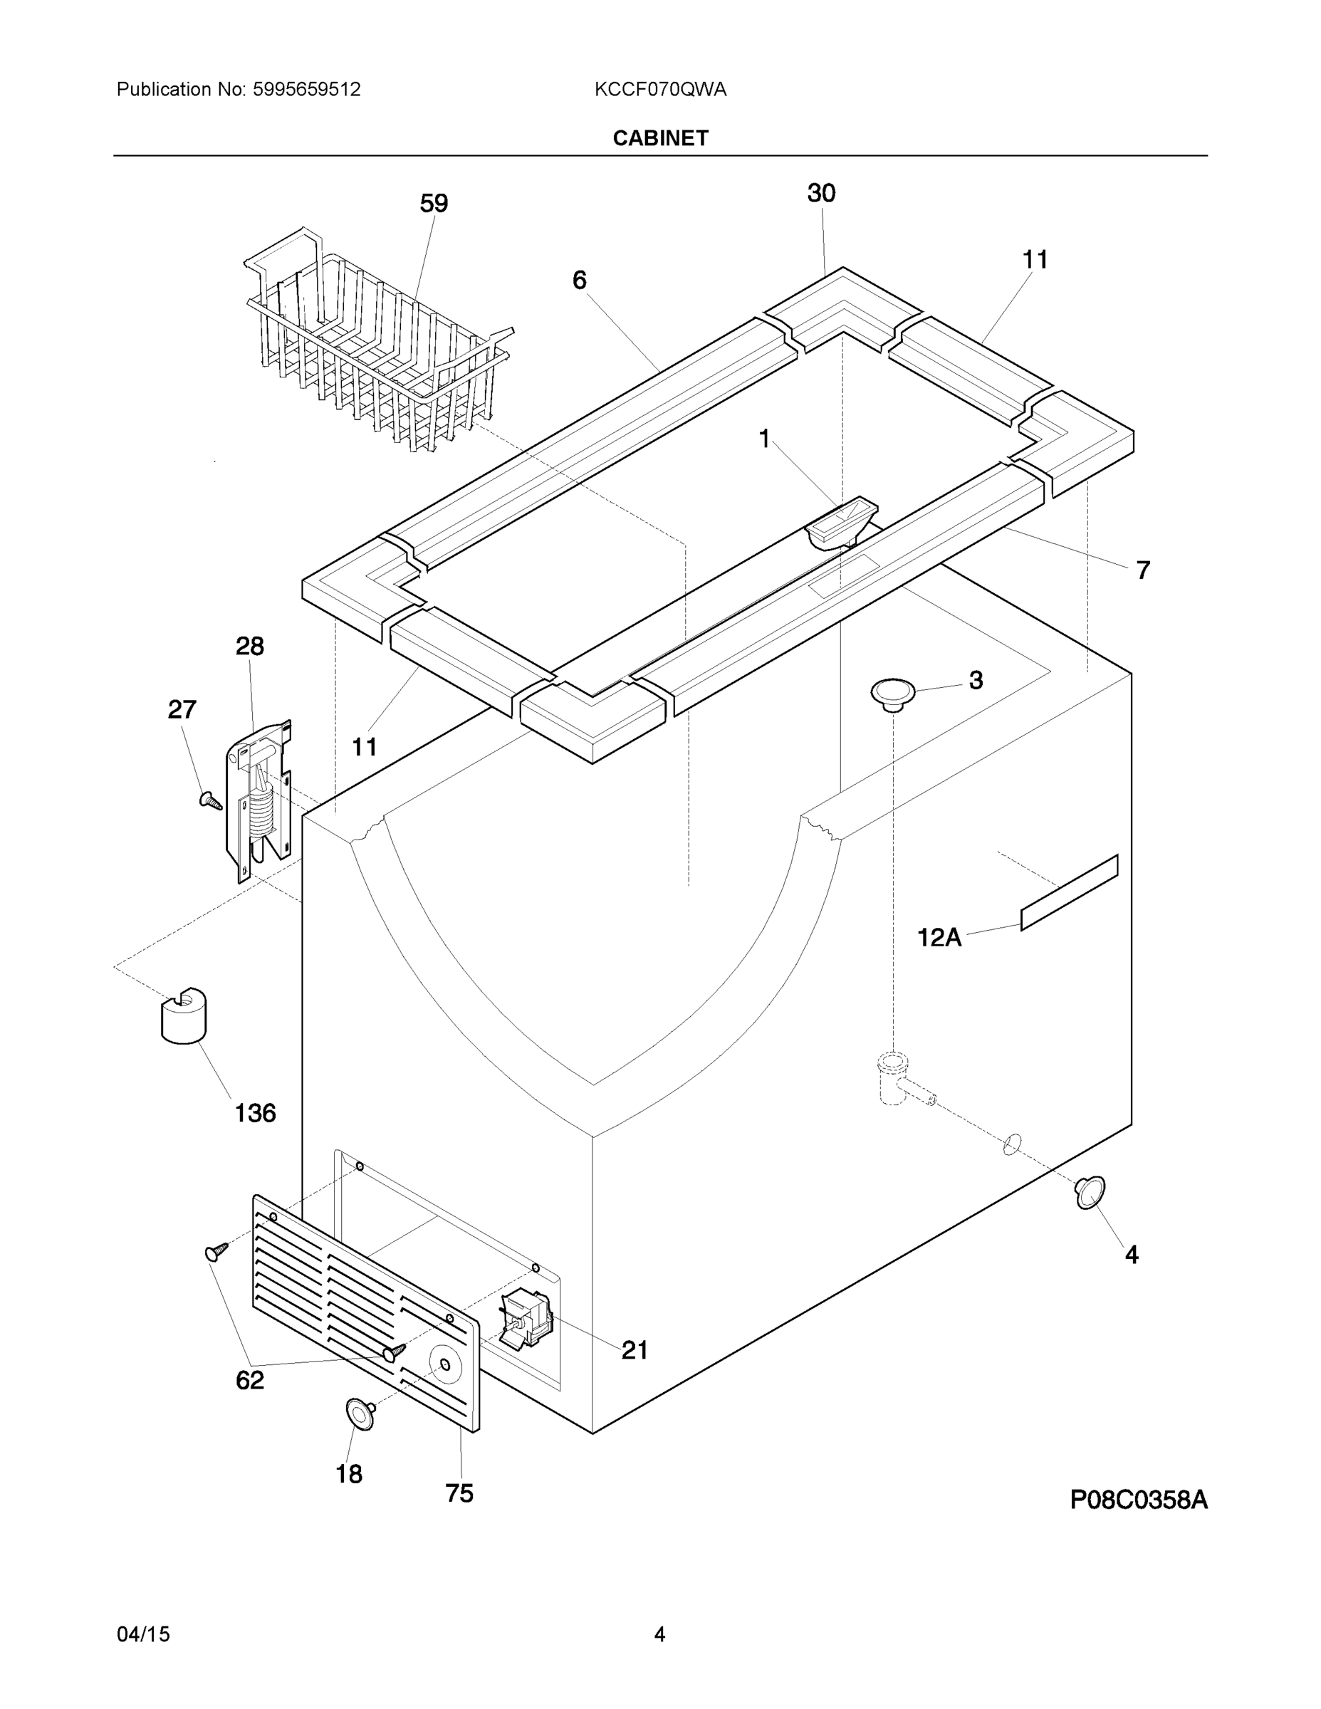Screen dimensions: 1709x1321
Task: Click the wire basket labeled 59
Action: pyautogui.click(x=375, y=345)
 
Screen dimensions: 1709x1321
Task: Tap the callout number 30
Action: pyautogui.click(x=821, y=193)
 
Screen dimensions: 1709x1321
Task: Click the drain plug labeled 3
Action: pyautogui.click(x=892, y=694)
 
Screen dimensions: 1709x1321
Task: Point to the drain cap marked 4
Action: pyautogui.click(x=1090, y=1192)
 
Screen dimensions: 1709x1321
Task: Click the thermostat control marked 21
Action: pyautogui.click(x=526, y=1322)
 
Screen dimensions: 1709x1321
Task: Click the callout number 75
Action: pyautogui.click(x=459, y=1494)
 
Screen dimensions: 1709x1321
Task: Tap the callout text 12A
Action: pyautogui.click(x=939, y=936)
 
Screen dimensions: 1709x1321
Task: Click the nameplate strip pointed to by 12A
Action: pyautogui.click(x=1069, y=893)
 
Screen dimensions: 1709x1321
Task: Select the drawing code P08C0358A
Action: pyautogui.click(x=1138, y=1500)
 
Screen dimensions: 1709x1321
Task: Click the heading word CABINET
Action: pyautogui.click(x=659, y=139)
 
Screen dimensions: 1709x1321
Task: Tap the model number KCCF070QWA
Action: pyautogui.click(x=659, y=90)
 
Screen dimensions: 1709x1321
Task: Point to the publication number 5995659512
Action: pyautogui.click(x=306, y=90)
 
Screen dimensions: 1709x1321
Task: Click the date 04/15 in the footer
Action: pyautogui.click(x=143, y=1635)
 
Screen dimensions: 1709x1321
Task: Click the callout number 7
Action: pyautogui.click(x=1142, y=570)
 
